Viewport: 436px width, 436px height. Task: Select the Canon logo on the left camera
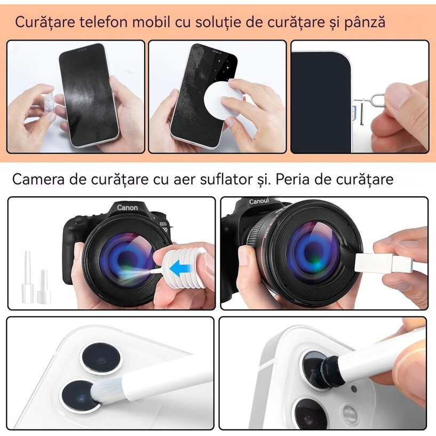pos(127,208)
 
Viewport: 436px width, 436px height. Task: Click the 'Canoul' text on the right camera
pos(260,202)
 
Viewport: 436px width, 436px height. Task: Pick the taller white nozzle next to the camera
pos(26,272)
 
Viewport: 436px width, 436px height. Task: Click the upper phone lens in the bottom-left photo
pos(101,358)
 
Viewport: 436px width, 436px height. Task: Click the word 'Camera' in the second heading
pos(39,179)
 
